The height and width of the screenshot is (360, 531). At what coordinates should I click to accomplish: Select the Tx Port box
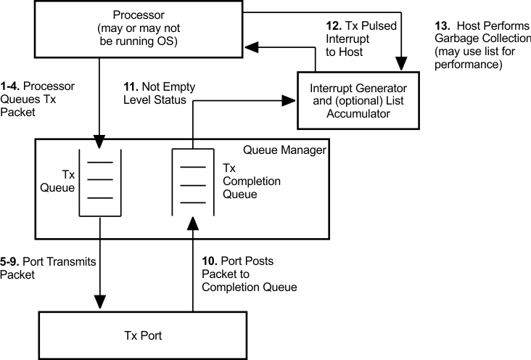coord(152,335)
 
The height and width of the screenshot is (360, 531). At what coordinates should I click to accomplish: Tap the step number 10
coord(208,261)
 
